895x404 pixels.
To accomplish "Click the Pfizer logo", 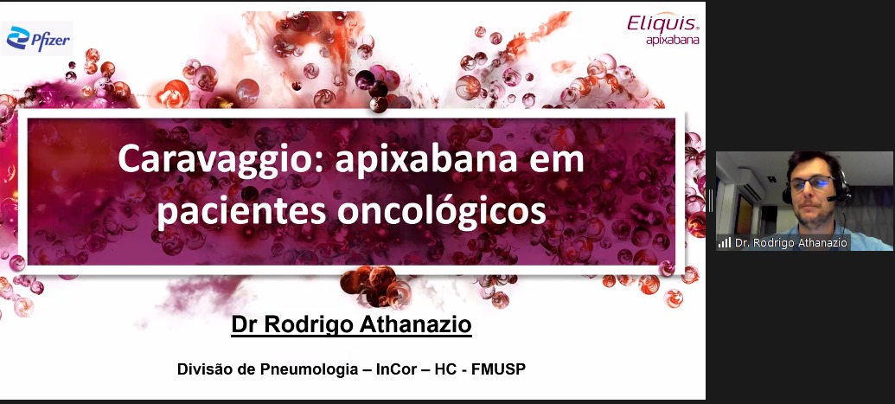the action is point(38,38).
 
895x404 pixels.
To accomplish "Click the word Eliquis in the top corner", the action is point(662,23).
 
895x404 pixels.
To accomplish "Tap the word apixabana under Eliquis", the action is point(672,40).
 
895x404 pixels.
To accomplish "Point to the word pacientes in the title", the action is point(242,209).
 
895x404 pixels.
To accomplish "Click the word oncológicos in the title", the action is point(441,211).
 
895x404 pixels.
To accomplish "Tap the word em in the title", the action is point(557,160).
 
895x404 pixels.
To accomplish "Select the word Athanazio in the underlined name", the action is point(417,324).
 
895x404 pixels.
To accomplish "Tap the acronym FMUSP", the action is point(498,369).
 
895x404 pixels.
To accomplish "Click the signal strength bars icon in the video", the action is point(725,243).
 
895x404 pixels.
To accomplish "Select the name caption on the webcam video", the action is point(791,243).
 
